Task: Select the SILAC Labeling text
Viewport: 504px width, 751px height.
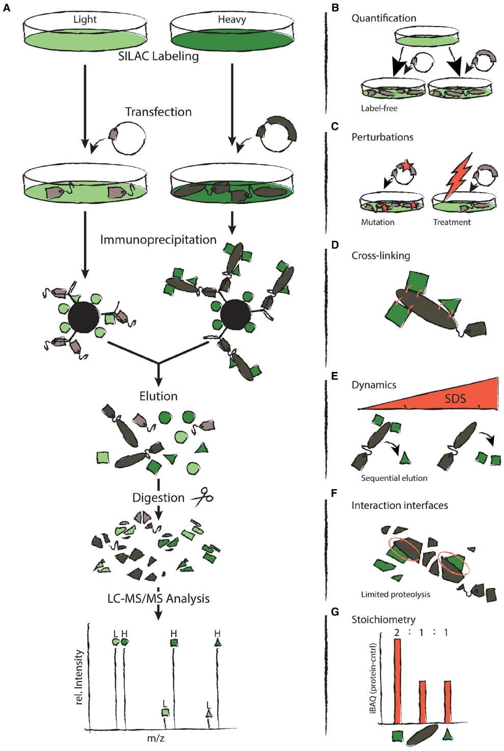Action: [158, 56]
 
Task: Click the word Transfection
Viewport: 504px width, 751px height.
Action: [158, 112]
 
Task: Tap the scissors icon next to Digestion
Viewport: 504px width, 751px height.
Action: [202, 497]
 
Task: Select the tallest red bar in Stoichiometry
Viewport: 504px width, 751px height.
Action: [397, 680]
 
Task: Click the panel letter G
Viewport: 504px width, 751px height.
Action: [335, 611]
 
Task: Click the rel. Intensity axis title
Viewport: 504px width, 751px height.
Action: [79, 677]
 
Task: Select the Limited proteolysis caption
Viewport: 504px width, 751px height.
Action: [395, 594]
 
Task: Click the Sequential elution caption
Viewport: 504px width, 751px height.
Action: [394, 478]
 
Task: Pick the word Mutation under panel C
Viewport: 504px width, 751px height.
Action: [378, 222]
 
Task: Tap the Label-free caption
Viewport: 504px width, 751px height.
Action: [379, 108]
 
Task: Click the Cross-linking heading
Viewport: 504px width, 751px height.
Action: [381, 255]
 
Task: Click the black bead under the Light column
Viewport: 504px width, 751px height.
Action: [84, 317]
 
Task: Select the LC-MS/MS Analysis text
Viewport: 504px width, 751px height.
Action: [158, 598]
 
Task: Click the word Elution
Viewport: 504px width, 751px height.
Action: [158, 396]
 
